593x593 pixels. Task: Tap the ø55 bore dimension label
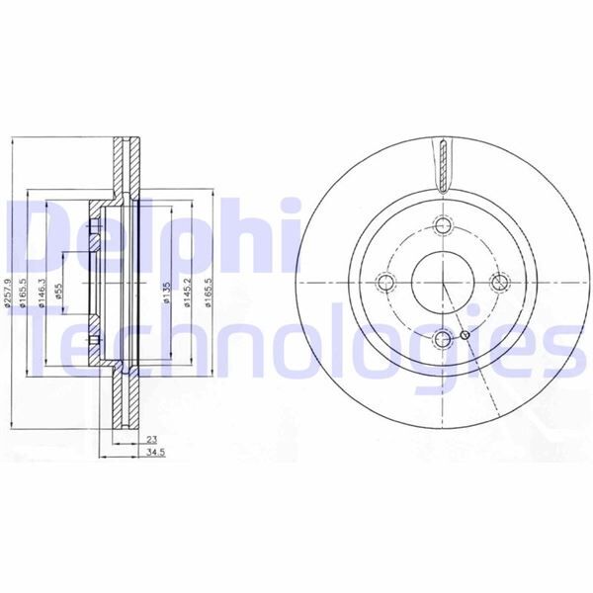(x=59, y=293)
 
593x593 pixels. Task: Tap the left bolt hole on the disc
(x=386, y=282)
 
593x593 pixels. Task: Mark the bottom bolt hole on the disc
(x=441, y=339)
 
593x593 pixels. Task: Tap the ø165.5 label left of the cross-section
(x=24, y=293)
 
